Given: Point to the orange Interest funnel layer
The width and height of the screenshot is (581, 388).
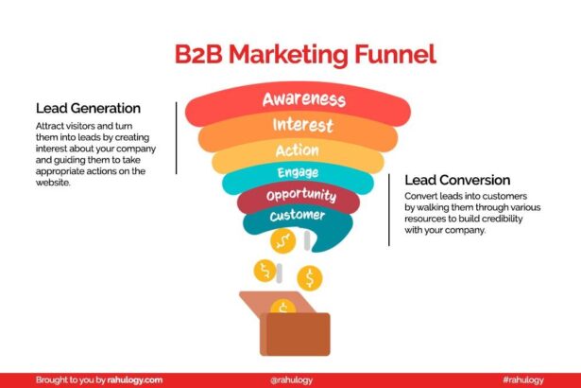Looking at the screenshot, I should [302, 126].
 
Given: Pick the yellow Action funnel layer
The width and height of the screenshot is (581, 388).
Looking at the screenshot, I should [297, 150].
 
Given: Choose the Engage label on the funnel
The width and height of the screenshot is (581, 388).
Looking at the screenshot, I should [298, 173].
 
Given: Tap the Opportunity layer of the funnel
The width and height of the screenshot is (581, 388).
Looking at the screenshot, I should [300, 196].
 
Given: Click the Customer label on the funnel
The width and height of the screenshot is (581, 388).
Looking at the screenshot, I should [297, 216].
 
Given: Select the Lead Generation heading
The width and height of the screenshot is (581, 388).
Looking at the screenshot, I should [88, 108].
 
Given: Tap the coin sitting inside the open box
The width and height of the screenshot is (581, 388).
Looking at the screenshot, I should [282, 307].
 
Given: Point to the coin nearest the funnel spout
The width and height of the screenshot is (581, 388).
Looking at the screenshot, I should [282, 242].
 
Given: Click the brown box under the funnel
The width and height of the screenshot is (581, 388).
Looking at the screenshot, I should [295, 331].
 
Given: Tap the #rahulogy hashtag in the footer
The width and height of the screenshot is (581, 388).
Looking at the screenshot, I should [524, 379].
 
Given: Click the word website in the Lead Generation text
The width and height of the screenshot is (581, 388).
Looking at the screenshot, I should [54, 184].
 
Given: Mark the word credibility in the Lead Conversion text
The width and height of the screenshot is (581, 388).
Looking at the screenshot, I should [482, 218].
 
